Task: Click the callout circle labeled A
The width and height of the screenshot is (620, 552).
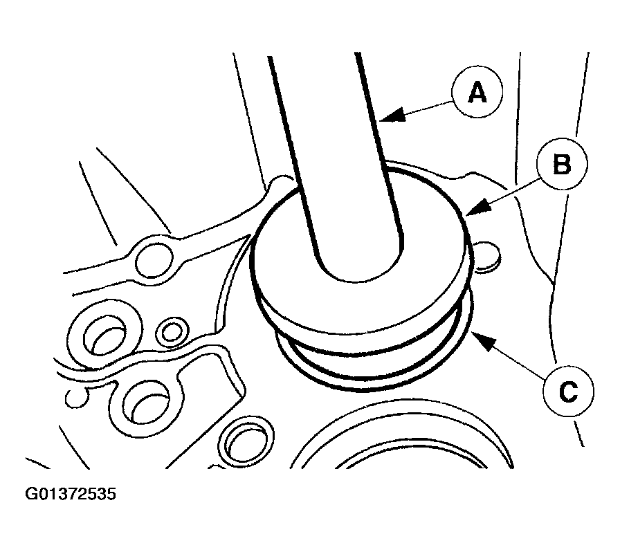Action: point(477,92)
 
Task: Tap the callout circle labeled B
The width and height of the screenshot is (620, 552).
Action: point(562,164)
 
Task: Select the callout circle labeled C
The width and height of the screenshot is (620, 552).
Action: point(568,391)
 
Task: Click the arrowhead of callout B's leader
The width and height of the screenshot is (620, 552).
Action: point(477,207)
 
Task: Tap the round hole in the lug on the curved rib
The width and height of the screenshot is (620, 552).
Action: point(154,260)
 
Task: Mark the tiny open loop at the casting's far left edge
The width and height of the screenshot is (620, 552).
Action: point(76,398)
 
